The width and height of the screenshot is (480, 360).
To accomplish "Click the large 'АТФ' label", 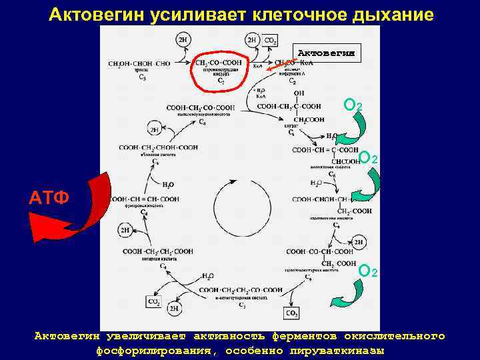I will pyautogui.click(x=48, y=197).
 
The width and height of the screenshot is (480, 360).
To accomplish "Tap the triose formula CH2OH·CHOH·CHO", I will pyautogui.click(x=139, y=64).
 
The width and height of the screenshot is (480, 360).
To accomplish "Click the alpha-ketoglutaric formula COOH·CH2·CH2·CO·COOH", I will pyautogui.click(x=241, y=290).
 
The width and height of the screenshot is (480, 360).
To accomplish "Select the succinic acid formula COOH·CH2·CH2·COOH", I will pyautogui.click(x=158, y=251).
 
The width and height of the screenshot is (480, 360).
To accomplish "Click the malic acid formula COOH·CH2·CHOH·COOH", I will pyautogui.click(x=159, y=147).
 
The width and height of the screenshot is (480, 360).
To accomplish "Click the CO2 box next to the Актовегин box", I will pyautogui.click(x=271, y=41).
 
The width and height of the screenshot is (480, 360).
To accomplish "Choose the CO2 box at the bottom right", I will pyautogui.click(x=292, y=313).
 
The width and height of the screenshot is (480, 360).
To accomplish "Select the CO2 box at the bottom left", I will pyautogui.click(x=153, y=302).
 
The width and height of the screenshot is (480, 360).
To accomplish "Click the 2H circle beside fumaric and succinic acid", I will pyautogui.click(x=125, y=231).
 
